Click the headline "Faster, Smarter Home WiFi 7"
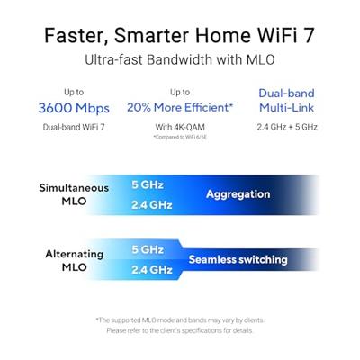click(x=180, y=35)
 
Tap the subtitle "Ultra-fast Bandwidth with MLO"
click(x=180, y=60)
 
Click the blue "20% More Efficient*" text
click(x=182, y=108)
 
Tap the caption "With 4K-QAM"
click(x=182, y=127)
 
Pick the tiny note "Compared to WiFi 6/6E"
click(x=182, y=138)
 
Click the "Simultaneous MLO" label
click(x=74, y=195)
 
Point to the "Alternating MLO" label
click(x=75, y=261)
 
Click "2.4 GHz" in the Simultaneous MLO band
click(x=151, y=204)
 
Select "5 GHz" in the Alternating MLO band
click(x=147, y=249)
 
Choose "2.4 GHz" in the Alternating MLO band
click(x=151, y=269)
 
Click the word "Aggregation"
click(x=238, y=193)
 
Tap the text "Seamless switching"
click(x=238, y=259)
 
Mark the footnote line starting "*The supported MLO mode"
click(x=180, y=319)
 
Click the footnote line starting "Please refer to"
click(x=180, y=330)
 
